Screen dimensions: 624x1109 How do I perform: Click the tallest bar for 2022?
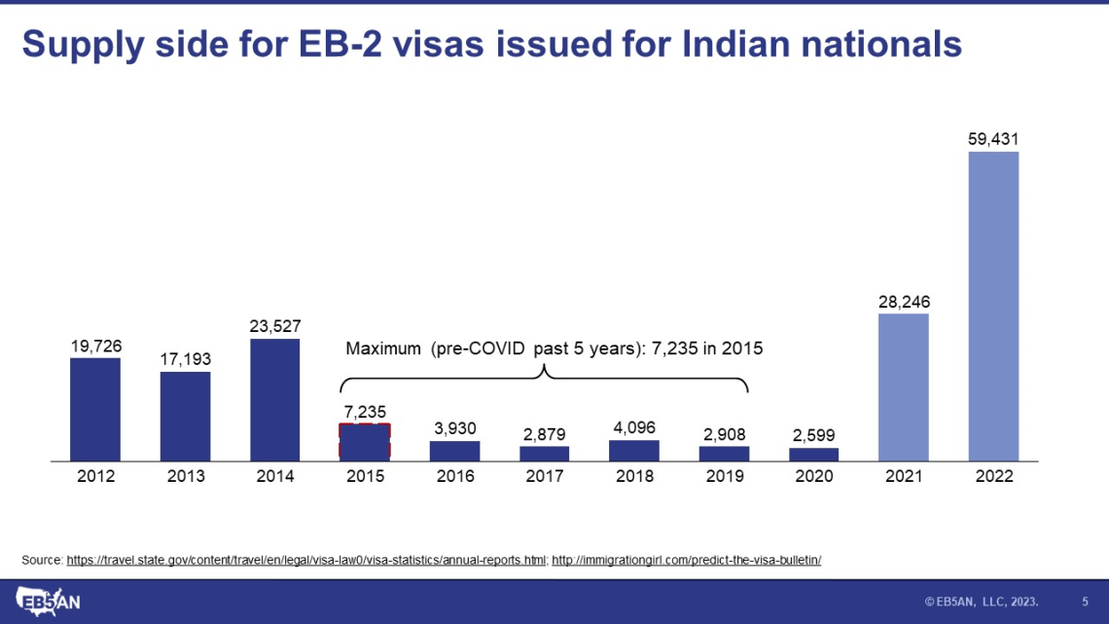993,306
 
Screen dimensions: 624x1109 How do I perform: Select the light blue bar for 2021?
903,386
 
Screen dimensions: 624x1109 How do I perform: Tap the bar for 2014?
274,399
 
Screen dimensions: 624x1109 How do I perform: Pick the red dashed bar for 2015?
365,441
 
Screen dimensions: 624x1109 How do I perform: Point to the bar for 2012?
95,409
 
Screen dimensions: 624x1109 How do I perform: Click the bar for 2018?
634,451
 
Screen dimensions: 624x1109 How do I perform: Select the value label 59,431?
993,139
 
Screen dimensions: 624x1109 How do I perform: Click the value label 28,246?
903,302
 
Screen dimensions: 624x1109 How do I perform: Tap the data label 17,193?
185,359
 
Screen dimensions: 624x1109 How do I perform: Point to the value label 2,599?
813,435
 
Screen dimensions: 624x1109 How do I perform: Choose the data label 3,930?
454,428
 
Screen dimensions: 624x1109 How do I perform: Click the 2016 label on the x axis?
454,476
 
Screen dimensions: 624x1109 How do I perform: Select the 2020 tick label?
813,476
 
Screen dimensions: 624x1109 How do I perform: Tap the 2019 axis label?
724,476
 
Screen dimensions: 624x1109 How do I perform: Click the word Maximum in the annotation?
383,348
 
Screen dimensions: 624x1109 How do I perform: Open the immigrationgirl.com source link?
687,560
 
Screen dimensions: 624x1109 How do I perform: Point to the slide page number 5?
1085,602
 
